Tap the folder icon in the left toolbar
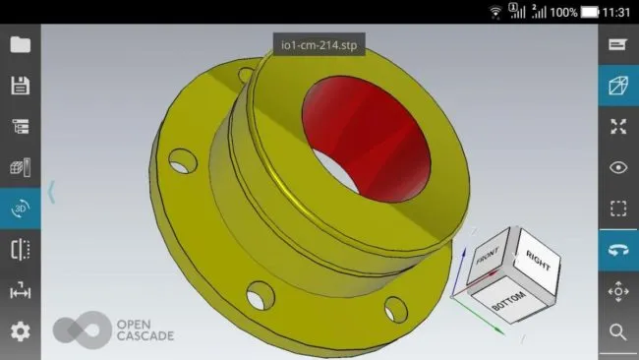pyautogui.click(x=20, y=44)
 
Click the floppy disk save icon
pyautogui.click(x=20, y=86)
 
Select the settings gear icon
pyautogui.click(x=20, y=331)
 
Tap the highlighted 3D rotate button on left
pyautogui.click(x=20, y=209)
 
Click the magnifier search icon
pyautogui.click(x=618, y=332)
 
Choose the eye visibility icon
pyautogui.click(x=618, y=167)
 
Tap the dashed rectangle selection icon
pyautogui.click(x=618, y=209)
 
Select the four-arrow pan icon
pyautogui.click(x=618, y=291)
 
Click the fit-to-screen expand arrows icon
pyautogui.click(x=618, y=126)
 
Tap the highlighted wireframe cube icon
pyautogui.click(x=618, y=86)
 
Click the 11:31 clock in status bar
pyautogui.click(x=617, y=12)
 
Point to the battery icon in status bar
pyautogui.click(x=590, y=12)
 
